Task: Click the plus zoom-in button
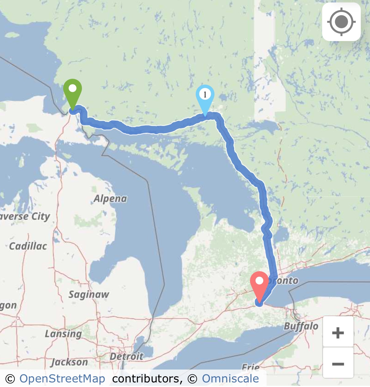click(x=338, y=332)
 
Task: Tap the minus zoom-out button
click(x=338, y=363)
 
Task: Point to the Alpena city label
click(x=110, y=199)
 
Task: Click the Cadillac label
click(x=28, y=246)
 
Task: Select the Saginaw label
click(x=89, y=294)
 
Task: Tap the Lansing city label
click(x=63, y=333)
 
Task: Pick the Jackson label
click(x=69, y=362)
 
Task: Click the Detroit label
click(x=126, y=356)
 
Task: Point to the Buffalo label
click(x=301, y=326)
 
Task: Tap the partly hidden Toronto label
click(x=285, y=280)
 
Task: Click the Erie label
click(x=250, y=367)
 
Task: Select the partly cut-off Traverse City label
click(x=25, y=216)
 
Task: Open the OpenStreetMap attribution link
click(x=62, y=379)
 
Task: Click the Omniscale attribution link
click(x=230, y=379)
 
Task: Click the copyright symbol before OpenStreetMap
click(x=10, y=379)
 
